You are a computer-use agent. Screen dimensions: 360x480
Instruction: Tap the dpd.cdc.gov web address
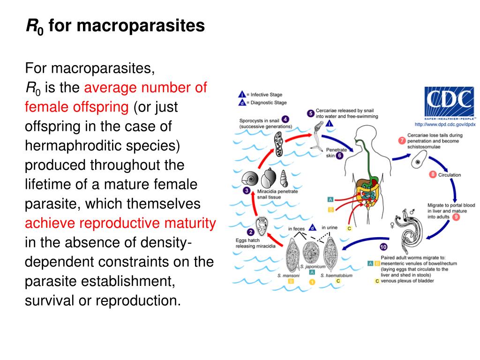445,124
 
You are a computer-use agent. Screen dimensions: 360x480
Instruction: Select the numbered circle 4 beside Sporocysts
285,120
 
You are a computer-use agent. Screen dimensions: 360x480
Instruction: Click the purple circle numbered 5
310,113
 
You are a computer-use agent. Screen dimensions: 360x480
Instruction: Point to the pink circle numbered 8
433,175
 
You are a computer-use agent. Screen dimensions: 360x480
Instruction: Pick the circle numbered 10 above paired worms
383,247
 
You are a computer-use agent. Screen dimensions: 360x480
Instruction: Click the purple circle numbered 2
251,232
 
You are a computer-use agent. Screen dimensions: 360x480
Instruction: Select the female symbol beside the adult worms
392,225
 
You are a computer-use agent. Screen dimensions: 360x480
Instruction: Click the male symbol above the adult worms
412,212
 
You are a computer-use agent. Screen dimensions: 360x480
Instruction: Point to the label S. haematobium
336,276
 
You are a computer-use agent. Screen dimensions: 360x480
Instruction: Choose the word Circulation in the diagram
450,175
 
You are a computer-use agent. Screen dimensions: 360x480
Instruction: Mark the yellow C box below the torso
349,228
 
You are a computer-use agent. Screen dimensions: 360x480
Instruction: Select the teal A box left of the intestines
330,200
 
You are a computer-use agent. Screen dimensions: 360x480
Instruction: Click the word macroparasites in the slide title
140,26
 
